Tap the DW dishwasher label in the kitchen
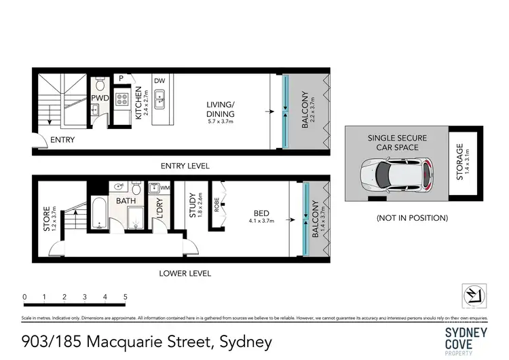click(159, 80)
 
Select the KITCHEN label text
click(138, 103)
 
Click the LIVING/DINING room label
click(220, 113)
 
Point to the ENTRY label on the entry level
click(62, 141)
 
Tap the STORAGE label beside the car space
click(461, 161)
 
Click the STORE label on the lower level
click(47, 219)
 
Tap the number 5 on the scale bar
click(126, 297)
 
